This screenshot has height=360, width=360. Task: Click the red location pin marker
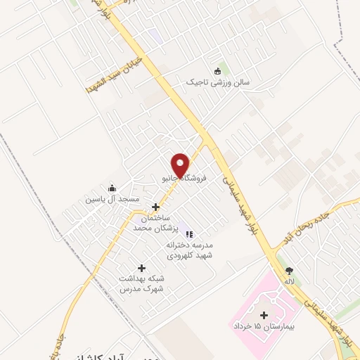coord(181,165)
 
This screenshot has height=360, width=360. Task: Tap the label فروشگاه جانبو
coord(184,179)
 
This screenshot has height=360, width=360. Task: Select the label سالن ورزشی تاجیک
coord(218,82)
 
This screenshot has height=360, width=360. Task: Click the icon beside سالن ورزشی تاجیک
coord(217,70)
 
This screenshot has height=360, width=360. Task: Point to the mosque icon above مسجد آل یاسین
coord(112,188)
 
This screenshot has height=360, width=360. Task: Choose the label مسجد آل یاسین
coord(112,200)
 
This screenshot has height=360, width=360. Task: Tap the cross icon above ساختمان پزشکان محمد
coord(155,207)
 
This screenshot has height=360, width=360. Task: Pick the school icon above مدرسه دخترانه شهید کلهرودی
coord(189,234)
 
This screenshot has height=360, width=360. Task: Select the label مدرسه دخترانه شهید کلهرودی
coord(189,250)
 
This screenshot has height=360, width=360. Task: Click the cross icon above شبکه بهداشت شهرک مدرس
coord(141,268)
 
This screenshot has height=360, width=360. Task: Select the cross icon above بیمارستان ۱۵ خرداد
coord(264,315)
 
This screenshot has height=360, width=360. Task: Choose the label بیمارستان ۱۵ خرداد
coord(264,327)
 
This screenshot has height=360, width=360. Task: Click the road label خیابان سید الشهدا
coord(113,75)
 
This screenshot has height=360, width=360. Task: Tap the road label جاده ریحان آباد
coord(308,224)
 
